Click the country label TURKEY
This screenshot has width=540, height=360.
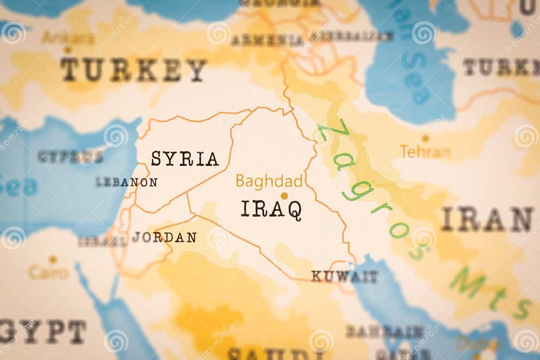pyautogui.click(x=133, y=70)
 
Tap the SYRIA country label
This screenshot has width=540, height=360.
pyautogui.click(x=185, y=159)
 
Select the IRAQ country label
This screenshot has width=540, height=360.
pyautogui.click(x=271, y=210)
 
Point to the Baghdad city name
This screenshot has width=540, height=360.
pyautogui.click(x=269, y=181)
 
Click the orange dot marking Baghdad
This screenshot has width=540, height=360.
pyautogui.click(x=284, y=196)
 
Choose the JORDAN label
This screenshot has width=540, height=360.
pyautogui.click(x=164, y=237)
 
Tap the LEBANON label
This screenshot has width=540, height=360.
pyautogui.click(x=126, y=182)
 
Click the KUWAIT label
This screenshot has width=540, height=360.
pyautogui.click(x=344, y=277)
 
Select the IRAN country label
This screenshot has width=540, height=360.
pyautogui.click(x=487, y=219)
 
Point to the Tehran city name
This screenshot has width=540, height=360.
pyautogui.click(x=425, y=152)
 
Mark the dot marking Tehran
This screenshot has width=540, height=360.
pyautogui.click(x=425, y=138)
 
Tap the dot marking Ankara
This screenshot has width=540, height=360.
pyautogui.click(x=67, y=50)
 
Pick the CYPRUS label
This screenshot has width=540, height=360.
pyautogui.click(x=70, y=157)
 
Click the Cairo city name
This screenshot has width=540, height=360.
pyautogui.click(x=48, y=272)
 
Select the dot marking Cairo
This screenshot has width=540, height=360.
pyautogui.click(x=53, y=259)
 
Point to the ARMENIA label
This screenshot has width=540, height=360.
pyautogui.click(x=267, y=40)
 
